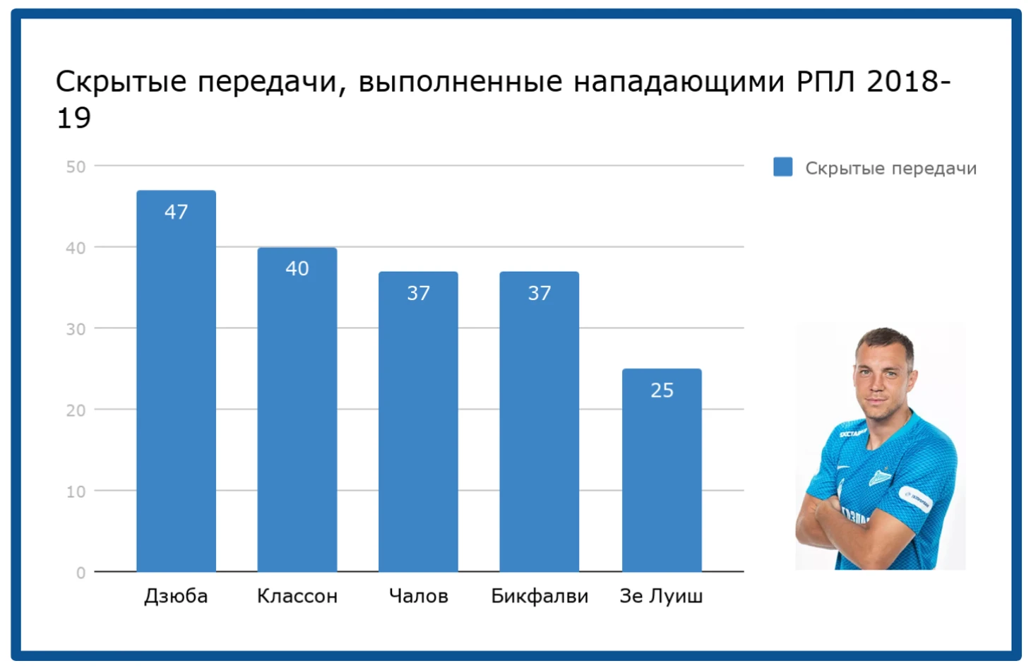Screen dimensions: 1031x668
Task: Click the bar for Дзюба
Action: tap(177, 381)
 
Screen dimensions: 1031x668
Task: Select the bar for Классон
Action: tap(297, 410)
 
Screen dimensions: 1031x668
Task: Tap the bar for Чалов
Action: tap(418, 422)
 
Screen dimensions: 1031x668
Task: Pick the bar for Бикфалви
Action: tap(540, 422)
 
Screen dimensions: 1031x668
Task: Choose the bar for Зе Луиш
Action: tap(662, 470)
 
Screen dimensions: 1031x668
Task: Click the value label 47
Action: tap(177, 212)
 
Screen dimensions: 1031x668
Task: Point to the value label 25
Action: tap(662, 390)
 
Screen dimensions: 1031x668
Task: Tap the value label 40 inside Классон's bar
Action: tap(297, 268)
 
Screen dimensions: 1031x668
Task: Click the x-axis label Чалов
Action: tap(418, 596)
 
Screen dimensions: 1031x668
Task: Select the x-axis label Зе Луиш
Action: tap(662, 596)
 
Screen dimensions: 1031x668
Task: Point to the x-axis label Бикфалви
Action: tap(540, 596)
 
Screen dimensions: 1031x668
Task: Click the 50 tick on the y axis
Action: tap(76, 167)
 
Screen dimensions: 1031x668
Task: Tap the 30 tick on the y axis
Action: tap(76, 329)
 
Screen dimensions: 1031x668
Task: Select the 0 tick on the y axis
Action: tap(81, 573)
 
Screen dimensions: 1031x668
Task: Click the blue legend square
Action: tap(783, 167)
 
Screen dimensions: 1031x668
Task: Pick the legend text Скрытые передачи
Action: tap(891, 169)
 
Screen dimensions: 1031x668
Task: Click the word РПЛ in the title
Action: tap(826, 82)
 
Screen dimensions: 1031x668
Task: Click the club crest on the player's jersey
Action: tap(880, 477)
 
